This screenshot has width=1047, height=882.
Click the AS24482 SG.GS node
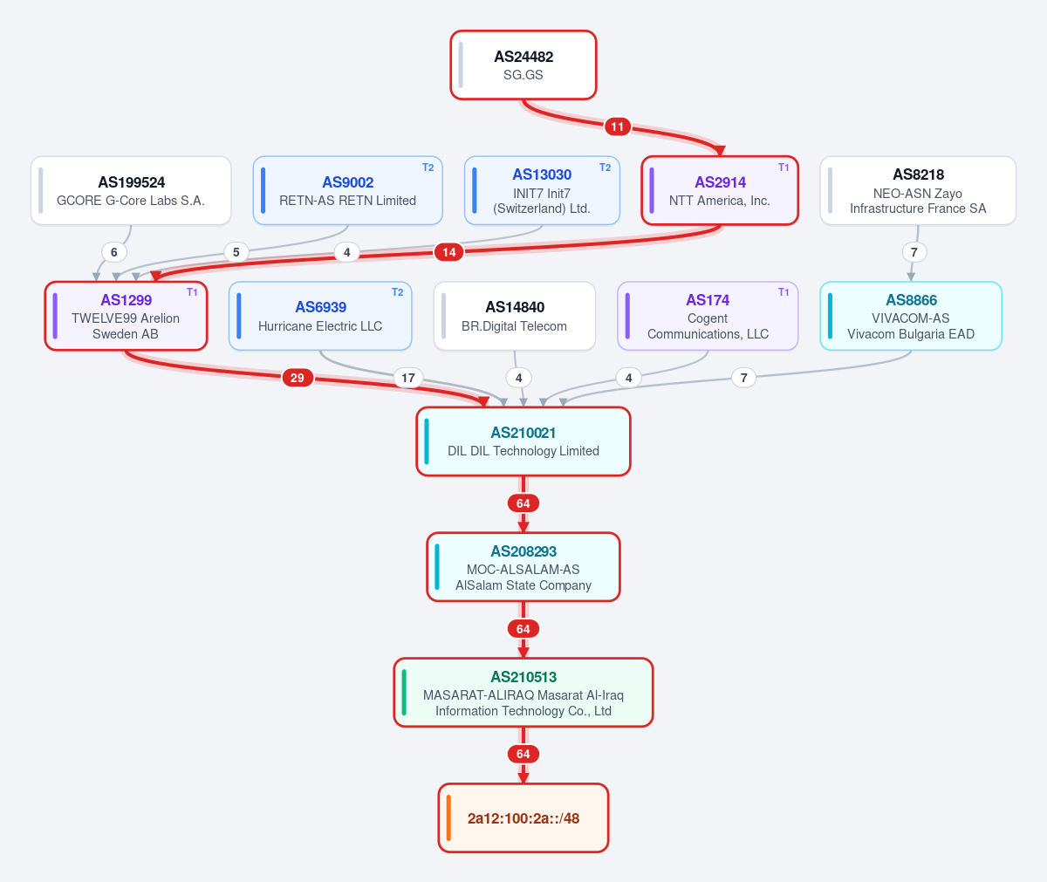(x=523, y=65)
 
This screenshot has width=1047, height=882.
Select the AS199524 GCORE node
(x=131, y=190)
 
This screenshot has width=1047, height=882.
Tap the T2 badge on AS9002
(x=428, y=168)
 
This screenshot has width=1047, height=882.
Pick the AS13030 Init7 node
(x=542, y=190)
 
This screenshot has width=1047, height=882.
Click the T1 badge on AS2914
(x=784, y=168)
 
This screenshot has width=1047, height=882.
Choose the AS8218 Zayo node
(x=918, y=190)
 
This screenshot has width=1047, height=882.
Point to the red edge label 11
(x=617, y=126)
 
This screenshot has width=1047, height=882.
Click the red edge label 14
(x=448, y=252)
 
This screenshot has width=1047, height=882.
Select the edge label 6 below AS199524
(x=113, y=252)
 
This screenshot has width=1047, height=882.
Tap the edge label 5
(x=236, y=252)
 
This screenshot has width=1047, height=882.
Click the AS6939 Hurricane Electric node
(x=320, y=316)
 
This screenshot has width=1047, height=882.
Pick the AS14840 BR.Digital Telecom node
(x=515, y=316)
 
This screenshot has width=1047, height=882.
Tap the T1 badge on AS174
(x=784, y=292)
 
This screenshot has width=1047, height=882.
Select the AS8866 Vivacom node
(x=911, y=316)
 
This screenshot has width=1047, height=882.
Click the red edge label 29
(x=298, y=378)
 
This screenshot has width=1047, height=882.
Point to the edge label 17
(x=408, y=378)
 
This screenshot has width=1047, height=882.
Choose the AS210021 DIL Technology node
(x=523, y=441)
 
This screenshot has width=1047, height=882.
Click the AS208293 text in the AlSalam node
(x=523, y=551)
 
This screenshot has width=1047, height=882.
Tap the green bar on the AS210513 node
(x=404, y=693)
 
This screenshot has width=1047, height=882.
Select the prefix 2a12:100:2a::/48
(x=523, y=817)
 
